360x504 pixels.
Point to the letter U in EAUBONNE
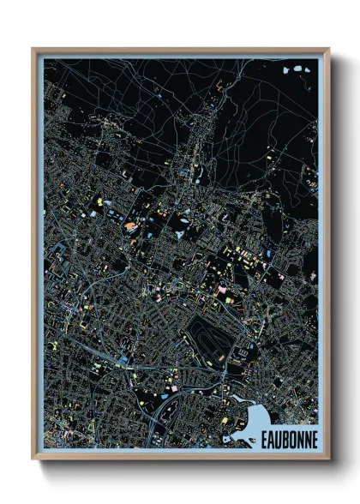point(277,438)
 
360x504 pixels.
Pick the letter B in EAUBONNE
point(285,438)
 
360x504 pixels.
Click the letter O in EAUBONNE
point(291,438)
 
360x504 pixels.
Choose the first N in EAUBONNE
point(299,438)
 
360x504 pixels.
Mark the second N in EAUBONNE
point(306,438)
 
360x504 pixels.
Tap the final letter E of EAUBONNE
point(313,438)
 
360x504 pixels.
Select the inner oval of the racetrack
point(206,333)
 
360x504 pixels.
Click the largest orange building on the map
point(130,226)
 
